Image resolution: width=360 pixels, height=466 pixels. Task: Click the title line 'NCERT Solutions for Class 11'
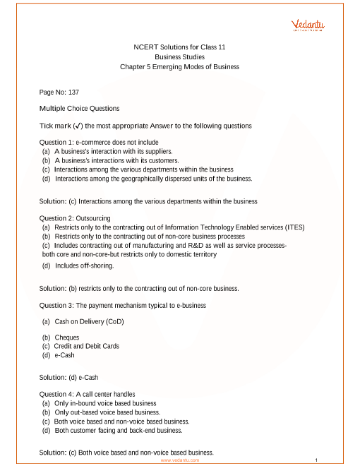tap(179, 47)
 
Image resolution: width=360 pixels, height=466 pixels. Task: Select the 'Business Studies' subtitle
tap(179, 56)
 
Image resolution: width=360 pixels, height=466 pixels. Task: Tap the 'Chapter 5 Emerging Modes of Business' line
tap(179, 67)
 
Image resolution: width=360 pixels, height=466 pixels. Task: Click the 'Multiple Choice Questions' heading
tap(80, 109)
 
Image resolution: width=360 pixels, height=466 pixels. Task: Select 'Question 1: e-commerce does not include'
tap(99, 142)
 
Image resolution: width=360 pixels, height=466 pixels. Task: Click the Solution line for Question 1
tap(148, 201)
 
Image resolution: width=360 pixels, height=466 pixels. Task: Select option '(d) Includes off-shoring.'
tap(78, 265)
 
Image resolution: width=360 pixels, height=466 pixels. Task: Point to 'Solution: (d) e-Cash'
tap(68, 378)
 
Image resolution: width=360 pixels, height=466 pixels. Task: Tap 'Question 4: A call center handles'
tap(88, 394)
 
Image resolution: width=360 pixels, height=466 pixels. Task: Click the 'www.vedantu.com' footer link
tap(180, 460)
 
